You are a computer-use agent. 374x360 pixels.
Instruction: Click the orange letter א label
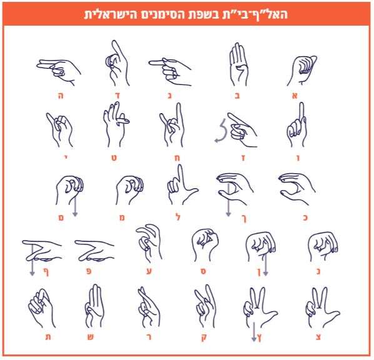pos(295,96)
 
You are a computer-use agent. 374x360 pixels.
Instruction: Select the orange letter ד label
pos(118,96)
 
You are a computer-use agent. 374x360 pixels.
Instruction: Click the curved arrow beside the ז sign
pos(222,131)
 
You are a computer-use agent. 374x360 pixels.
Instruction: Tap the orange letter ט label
pos(114,158)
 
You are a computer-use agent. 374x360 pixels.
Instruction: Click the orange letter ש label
pos(90,337)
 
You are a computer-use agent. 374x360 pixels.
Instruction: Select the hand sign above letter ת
pos(41,308)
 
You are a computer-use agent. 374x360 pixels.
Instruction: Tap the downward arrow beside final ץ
pos(254,332)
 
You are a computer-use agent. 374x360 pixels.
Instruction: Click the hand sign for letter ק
pos(205,307)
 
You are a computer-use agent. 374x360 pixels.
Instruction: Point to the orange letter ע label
pos(149,271)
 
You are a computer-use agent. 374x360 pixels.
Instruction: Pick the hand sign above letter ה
pos(59,71)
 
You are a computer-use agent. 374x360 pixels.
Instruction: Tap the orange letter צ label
pos(318,337)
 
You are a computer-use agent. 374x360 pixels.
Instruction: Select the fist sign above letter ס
pos(205,245)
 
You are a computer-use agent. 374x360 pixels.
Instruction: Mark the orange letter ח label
pos(177,158)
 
